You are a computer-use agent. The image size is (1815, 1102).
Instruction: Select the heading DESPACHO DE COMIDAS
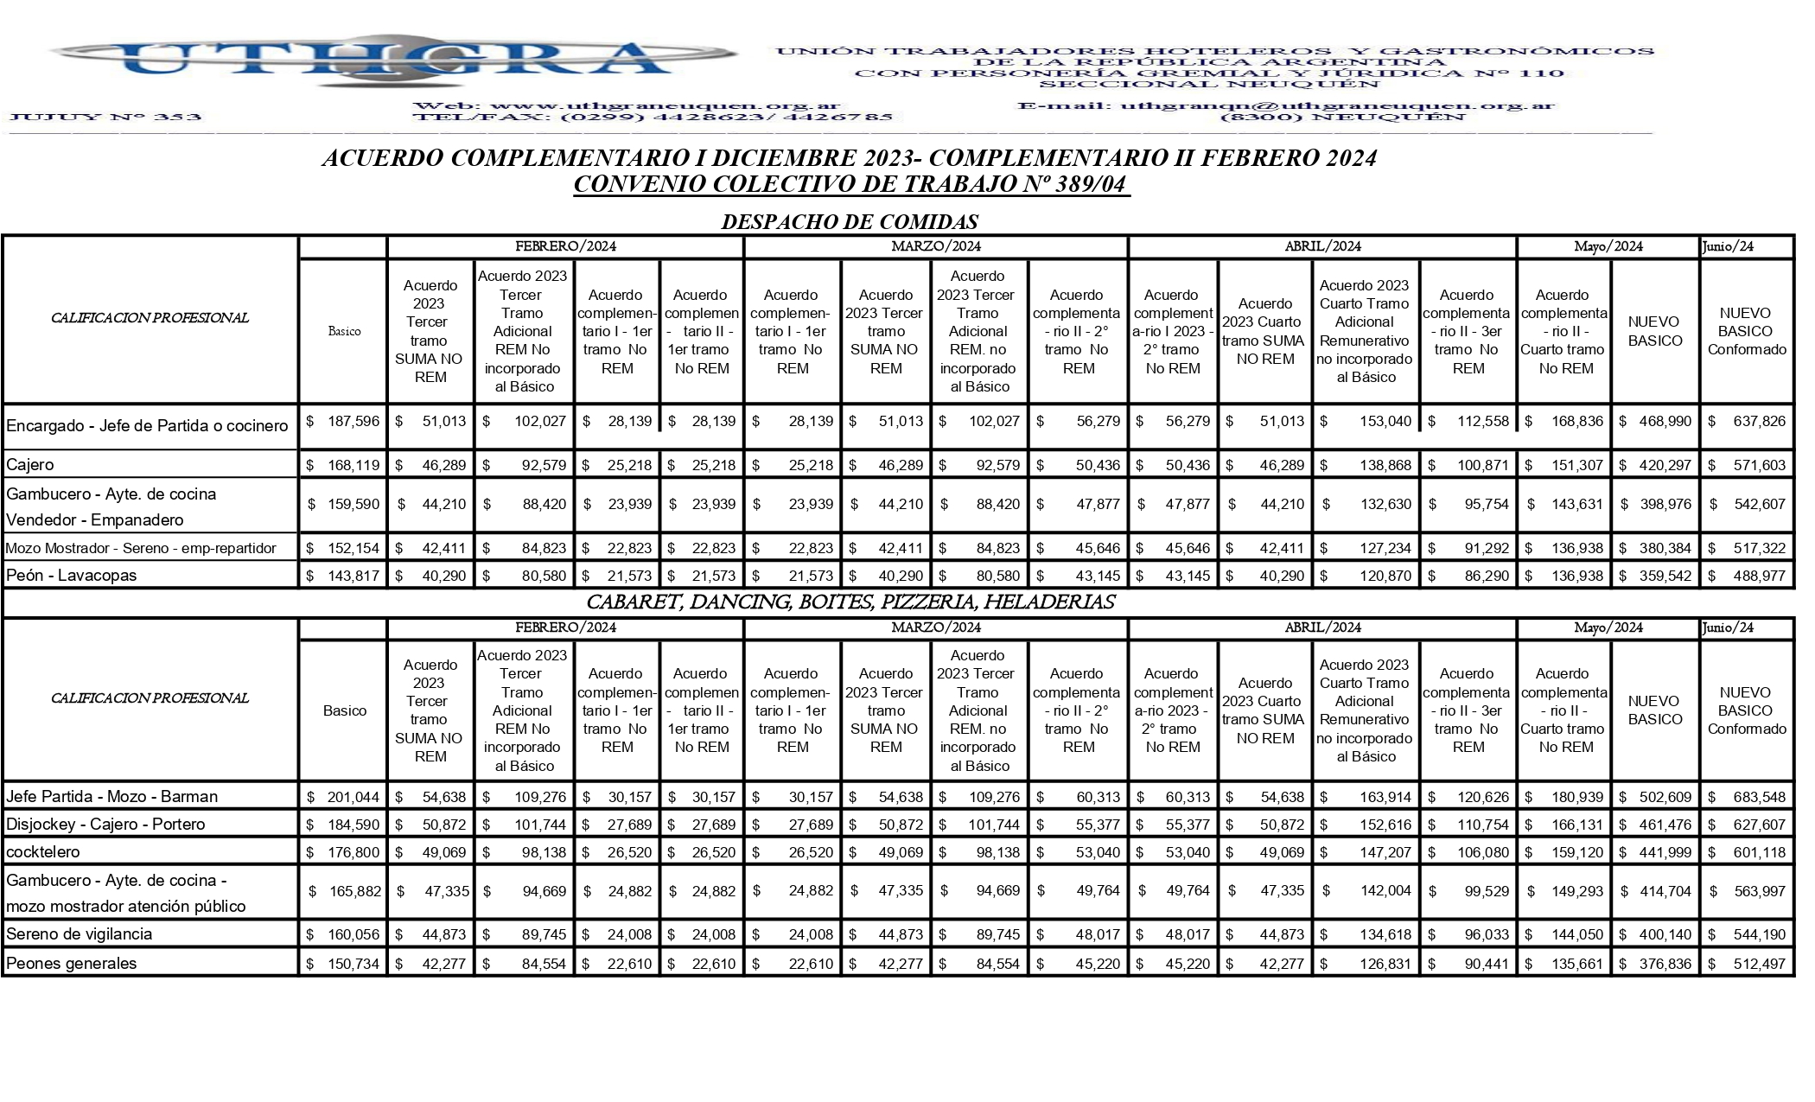[850, 222]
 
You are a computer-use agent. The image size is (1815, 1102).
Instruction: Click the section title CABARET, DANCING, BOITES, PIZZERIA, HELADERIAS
[850, 602]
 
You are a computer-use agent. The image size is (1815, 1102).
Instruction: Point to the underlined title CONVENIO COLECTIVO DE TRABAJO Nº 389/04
[851, 185]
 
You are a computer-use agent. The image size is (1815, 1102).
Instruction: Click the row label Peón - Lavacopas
[72, 576]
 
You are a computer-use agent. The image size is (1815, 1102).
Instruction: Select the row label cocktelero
[43, 852]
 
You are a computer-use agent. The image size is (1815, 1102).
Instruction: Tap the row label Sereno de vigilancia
[80, 934]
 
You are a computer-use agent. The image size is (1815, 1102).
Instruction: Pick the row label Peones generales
[72, 964]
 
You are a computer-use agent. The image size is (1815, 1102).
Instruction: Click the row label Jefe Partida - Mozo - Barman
[112, 797]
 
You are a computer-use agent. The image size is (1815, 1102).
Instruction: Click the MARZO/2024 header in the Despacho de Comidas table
[936, 246]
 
